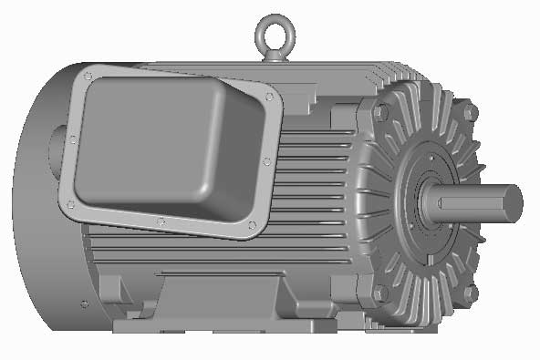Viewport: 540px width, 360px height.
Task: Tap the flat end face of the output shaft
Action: (513, 201)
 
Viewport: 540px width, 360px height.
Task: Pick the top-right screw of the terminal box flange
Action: (269, 96)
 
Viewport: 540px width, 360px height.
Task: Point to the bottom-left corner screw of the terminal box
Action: (69, 205)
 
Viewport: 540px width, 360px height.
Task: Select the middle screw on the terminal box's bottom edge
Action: (161, 221)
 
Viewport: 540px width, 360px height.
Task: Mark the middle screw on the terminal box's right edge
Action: (266, 160)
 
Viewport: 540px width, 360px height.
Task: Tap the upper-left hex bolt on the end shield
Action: (380, 112)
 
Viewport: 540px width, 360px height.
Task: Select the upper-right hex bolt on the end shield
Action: (470, 112)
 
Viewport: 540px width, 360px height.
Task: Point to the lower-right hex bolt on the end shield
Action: (470, 293)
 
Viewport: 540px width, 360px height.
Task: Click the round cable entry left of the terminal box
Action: (69, 139)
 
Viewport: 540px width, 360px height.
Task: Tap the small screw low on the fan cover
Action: (84, 304)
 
